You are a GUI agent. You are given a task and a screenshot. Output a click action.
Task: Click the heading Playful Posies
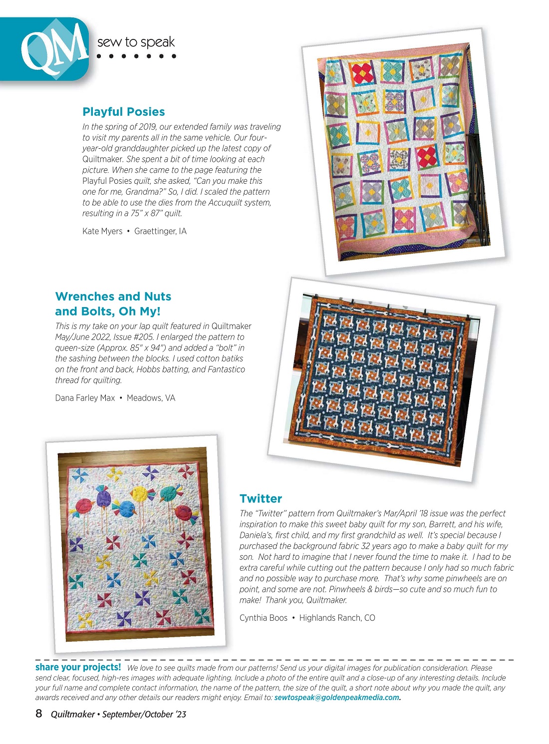click(123, 112)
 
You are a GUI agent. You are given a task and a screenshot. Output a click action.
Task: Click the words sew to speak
click(136, 42)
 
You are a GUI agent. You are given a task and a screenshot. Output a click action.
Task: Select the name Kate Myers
click(102, 231)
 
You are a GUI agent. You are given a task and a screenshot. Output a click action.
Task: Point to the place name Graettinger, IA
click(160, 231)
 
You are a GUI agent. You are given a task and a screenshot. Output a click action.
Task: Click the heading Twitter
click(261, 498)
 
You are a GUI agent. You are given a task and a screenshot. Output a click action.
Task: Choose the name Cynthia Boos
click(264, 618)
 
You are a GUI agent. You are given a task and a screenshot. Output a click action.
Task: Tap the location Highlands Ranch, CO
click(337, 618)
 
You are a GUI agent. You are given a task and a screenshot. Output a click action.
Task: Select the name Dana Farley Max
click(85, 398)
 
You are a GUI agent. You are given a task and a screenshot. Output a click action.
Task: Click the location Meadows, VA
click(151, 398)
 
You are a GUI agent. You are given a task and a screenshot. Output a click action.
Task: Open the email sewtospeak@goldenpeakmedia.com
click(337, 698)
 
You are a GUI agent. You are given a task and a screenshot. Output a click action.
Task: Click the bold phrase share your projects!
click(78, 667)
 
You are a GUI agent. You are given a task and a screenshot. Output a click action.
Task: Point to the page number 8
click(39, 714)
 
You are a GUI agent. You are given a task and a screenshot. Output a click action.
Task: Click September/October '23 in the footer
click(144, 715)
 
